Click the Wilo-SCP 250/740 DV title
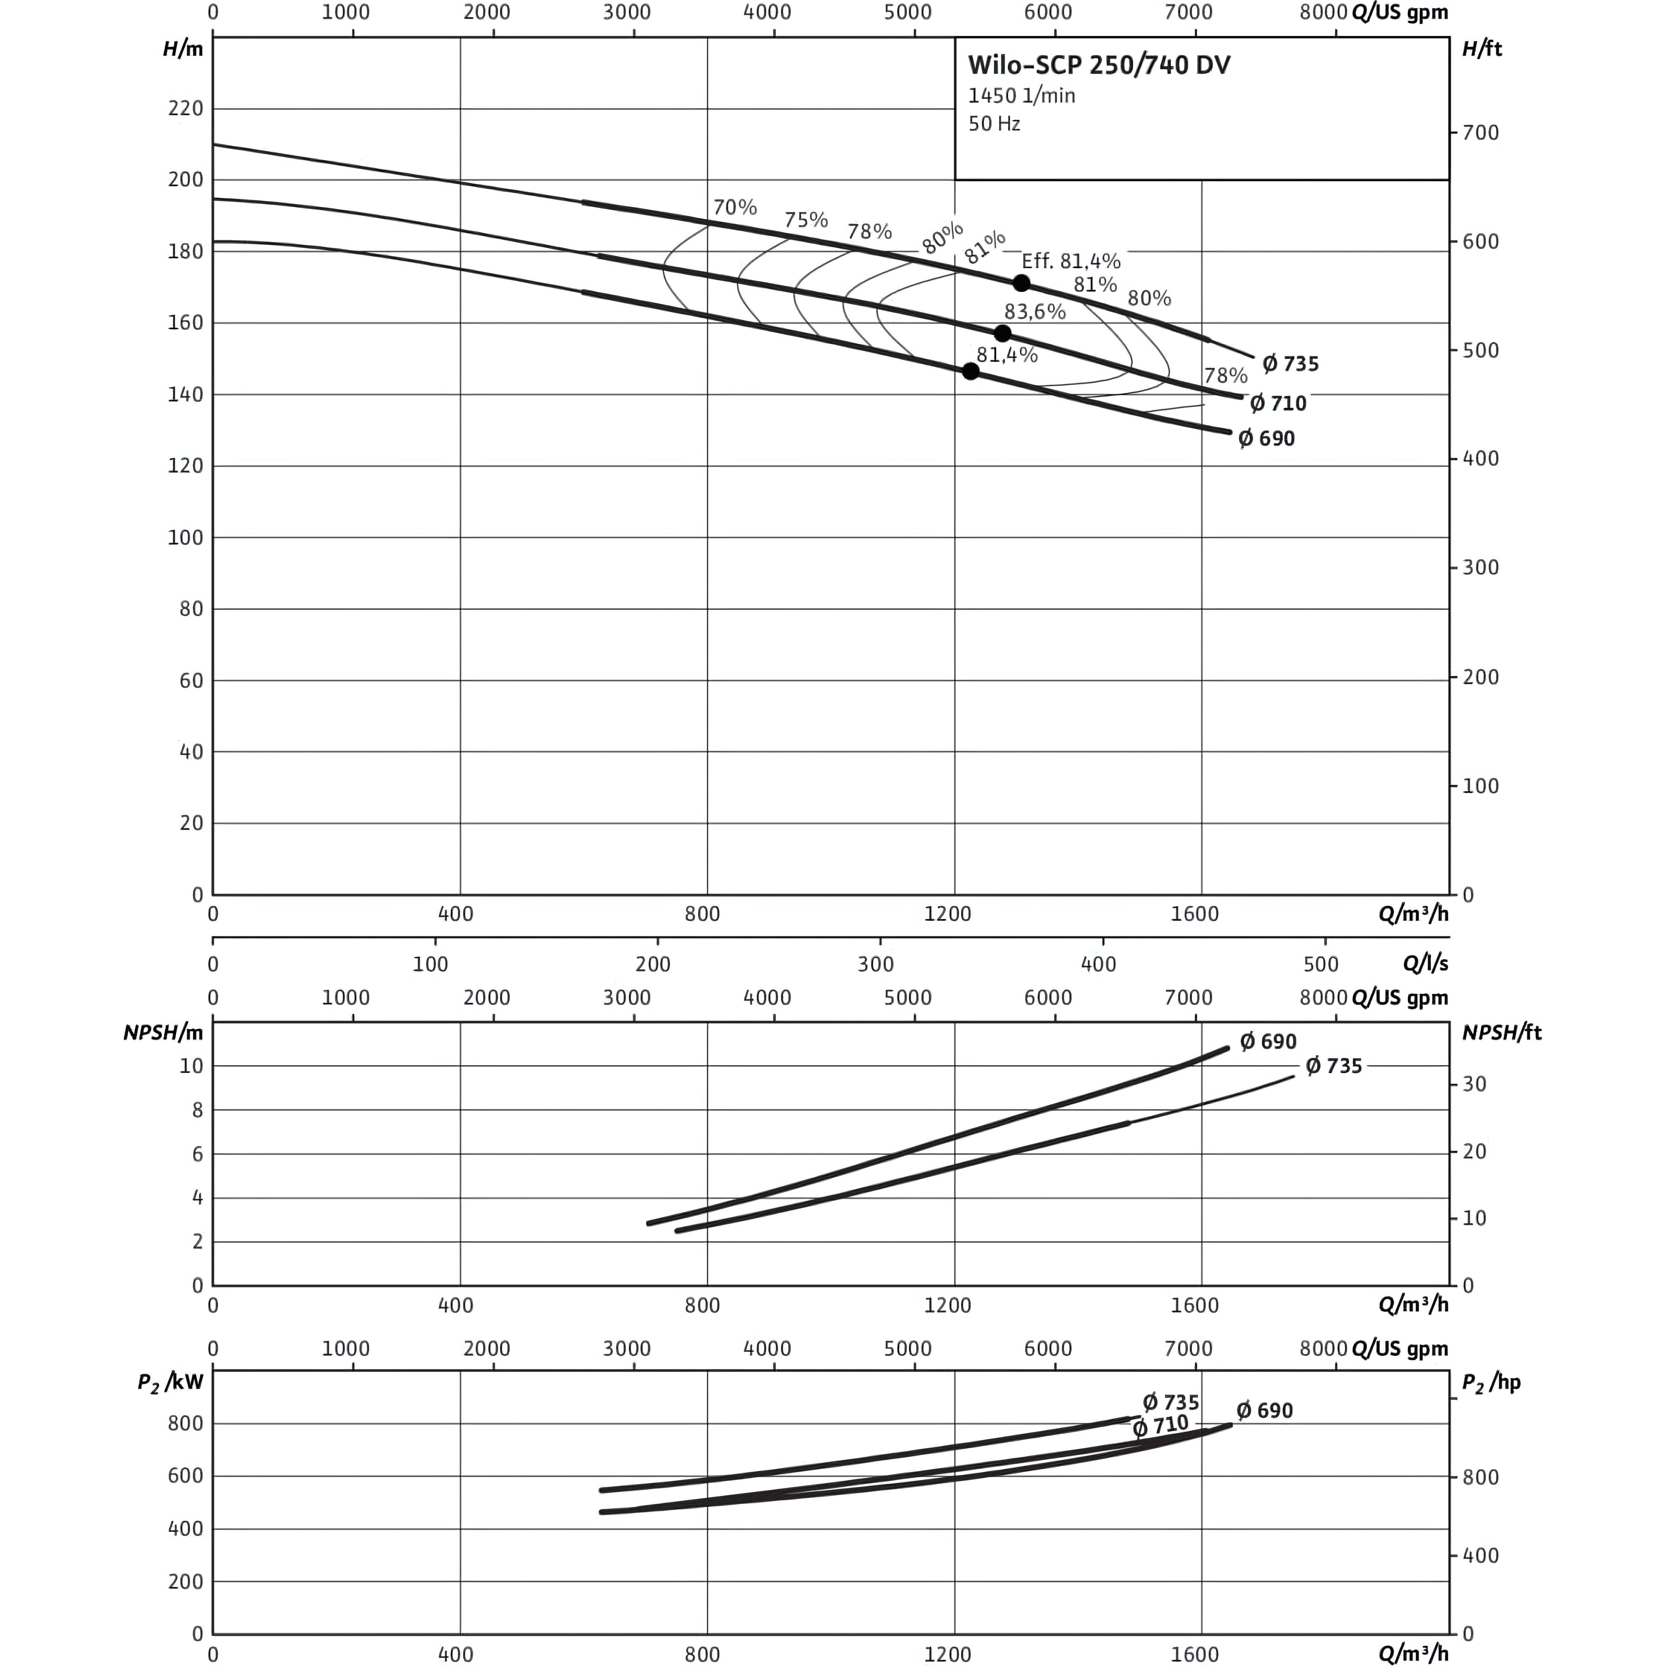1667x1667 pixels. click(1099, 65)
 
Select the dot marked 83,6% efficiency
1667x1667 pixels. click(1002, 333)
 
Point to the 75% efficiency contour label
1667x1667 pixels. click(806, 219)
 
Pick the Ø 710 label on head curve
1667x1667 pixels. click(1279, 403)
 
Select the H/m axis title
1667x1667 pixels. click(183, 48)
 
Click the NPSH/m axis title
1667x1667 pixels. click(164, 1033)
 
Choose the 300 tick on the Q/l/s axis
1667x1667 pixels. click(876, 965)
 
